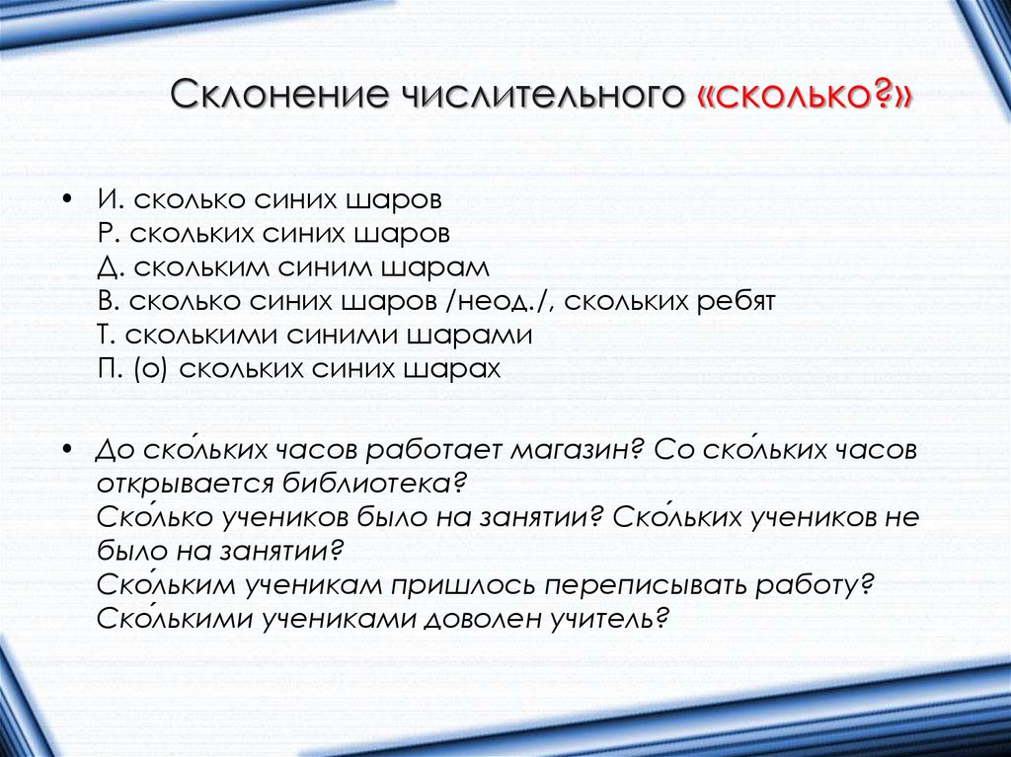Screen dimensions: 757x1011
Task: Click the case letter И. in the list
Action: click(110, 199)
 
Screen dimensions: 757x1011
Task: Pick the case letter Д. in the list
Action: click(110, 267)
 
